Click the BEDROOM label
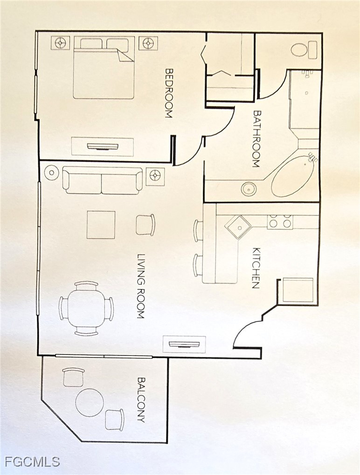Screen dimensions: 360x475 pos(169,93)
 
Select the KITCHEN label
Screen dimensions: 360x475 pos(256,268)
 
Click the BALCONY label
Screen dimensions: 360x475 pos(141,399)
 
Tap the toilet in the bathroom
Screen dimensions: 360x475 pos(304,50)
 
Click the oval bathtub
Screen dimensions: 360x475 pos(292,176)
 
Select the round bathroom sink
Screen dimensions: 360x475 pos(249,189)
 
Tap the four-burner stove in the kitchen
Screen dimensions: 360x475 pos(280,222)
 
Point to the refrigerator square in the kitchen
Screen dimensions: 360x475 pos(298,290)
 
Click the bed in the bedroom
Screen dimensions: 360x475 pos(104,68)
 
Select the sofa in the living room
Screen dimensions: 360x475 pos(102,181)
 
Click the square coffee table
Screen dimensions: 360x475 pos(101,225)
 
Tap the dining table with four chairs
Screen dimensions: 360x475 pos(87,308)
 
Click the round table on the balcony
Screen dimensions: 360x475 pos(90,403)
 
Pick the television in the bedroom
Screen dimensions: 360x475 pos(103,147)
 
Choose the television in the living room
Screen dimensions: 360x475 pos(184,344)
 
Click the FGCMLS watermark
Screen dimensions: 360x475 pos(32,462)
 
